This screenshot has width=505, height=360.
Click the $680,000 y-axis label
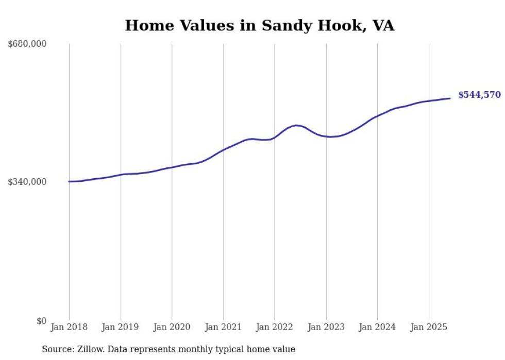tap(27, 44)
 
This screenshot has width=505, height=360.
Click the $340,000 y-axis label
tap(27, 182)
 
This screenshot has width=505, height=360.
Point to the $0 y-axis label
tap(41, 321)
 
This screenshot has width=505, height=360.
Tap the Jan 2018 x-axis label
tap(69, 327)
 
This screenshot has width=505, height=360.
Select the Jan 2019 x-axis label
tap(121, 327)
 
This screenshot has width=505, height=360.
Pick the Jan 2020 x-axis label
tap(172, 327)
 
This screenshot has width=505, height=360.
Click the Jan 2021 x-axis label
tap(223, 327)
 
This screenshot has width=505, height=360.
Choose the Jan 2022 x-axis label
tap(275, 327)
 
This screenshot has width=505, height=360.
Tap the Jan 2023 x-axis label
tap(326, 327)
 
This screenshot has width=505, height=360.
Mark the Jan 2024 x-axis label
tap(377, 327)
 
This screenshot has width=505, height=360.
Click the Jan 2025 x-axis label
tap(429, 327)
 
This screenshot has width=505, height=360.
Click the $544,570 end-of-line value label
tap(479, 95)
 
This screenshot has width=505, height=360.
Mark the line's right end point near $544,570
tap(450, 98)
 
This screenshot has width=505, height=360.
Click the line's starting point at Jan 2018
tap(69, 181)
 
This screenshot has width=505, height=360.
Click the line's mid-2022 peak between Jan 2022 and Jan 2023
tap(296, 125)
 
